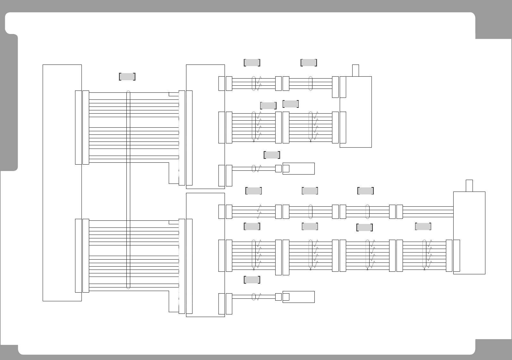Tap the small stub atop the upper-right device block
(x=355, y=71)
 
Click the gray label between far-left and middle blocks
(x=127, y=77)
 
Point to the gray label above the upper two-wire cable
(x=272, y=155)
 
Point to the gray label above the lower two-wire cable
(x=252, y=280)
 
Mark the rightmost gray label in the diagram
(x=423, y=227)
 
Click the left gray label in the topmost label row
(x=252, y=63)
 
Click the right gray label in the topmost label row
(x=309, y=63)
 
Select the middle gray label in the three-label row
(x=310, y=191)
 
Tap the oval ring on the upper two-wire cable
(x=254, y=168)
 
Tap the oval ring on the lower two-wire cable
(x=254, y=297)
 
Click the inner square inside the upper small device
(x=286, y=168)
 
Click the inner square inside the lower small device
(x=286, y=297)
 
